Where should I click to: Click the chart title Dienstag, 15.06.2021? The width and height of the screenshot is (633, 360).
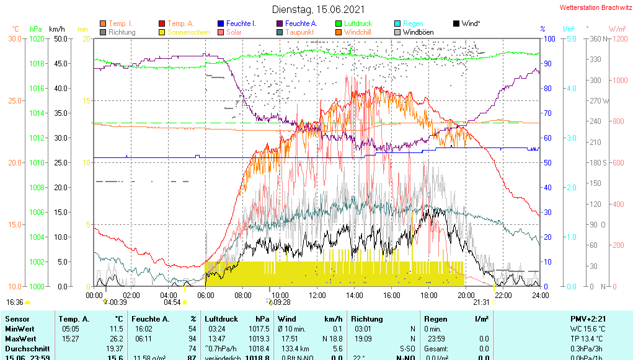[x=318, y=9]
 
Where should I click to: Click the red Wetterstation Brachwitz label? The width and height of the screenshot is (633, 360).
[x=594, y=8]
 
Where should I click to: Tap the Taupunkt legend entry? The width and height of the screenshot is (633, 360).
[x=299, y=32]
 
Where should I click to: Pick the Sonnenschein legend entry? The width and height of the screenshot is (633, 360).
[x=189, y=32]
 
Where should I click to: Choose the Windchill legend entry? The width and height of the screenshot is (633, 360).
[x=358, y=32]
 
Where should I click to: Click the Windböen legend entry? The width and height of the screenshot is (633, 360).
[x=418, y=32]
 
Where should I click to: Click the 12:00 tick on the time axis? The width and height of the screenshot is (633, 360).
[x=317, y=295]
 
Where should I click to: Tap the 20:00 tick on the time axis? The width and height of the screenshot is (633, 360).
[x=466, y=295]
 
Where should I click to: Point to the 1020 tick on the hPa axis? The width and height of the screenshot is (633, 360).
[x=37, y=39]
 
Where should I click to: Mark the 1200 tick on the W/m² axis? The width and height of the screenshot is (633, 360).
[x=618, y=39]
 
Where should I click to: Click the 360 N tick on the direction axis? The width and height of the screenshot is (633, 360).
[x=597, y=39]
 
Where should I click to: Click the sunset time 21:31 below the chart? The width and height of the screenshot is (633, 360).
[x=481, y=302]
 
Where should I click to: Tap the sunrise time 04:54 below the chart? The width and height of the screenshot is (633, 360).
[x=172, y=302]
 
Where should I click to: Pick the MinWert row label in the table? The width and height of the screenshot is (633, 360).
[x=19, y=329]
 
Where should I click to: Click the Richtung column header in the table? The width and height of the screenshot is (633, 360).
[x=366, y=318]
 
